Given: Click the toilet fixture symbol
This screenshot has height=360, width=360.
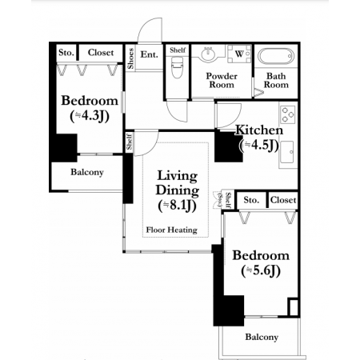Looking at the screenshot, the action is click(x=177, y=69).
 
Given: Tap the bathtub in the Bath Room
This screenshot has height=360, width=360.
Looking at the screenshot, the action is click(x=276, y=56).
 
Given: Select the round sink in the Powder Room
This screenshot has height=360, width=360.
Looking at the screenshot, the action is click(x=209, y=54).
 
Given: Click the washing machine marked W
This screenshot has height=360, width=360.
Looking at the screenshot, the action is click(x=239, y=54).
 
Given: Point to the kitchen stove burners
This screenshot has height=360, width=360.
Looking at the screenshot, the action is click(x=288, y=114).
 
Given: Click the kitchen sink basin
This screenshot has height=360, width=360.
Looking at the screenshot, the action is click(x=287, y=152).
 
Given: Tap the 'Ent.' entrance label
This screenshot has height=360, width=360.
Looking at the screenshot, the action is click(x=150, y=54).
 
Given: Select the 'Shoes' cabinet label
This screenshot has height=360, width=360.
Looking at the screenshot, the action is click(x=130, y=58).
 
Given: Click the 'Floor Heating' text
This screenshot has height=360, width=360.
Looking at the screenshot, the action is click(x=172, y=230).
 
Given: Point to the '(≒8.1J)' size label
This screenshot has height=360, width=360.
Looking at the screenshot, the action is click(x=178, y=206).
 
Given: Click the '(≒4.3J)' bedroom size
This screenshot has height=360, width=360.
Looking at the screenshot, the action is click(x=90, y=116).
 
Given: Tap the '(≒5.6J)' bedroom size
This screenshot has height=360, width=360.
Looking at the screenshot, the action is click(x=261, y=271).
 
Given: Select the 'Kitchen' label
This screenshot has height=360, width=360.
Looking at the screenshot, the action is click(x=259, y=130).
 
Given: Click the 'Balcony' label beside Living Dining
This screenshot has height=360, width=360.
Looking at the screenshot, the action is click(x=87, y=172).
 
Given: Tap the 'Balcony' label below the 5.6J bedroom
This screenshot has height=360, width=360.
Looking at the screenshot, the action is click(x=262, y=337).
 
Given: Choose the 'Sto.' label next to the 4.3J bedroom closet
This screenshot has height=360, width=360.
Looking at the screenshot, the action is click(x=66, y=53).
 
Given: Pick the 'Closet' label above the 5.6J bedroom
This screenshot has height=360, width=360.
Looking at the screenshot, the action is click(x=283, y=200).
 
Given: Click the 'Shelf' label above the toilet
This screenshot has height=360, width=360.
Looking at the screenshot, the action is click(x=178, y=50).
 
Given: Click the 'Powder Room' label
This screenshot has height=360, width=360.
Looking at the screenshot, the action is click(x=222, y=80).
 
